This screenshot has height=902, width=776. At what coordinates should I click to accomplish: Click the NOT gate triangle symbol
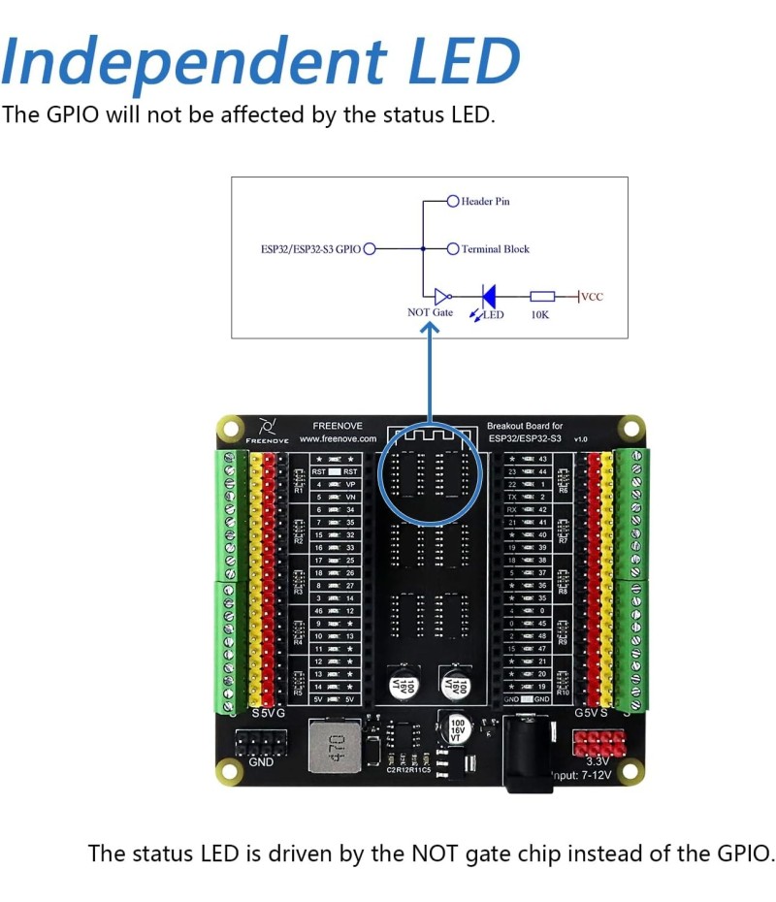tap(442, 296)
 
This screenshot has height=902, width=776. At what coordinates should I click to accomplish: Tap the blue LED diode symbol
tap(489, 296)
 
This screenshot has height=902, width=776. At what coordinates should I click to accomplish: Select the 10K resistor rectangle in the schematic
tap(542, 296)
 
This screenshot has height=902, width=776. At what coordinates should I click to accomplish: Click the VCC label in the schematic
tap(592, 296)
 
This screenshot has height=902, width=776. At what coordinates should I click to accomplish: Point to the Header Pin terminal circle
tap(453, 202)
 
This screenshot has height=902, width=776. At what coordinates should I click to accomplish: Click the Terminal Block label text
tap(496, 249)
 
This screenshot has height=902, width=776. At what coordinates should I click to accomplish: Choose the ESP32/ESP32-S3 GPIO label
tap(310, 249)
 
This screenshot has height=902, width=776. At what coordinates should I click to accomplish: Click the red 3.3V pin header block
tap(598, 744)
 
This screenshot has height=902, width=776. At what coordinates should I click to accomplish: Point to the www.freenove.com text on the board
tap(338, 438)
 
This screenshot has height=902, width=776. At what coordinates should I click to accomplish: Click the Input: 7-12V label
tap(580, 776)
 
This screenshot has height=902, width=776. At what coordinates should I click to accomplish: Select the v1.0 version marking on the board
tap(581, 439)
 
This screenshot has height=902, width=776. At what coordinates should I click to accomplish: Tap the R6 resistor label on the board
tap(563, 491)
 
